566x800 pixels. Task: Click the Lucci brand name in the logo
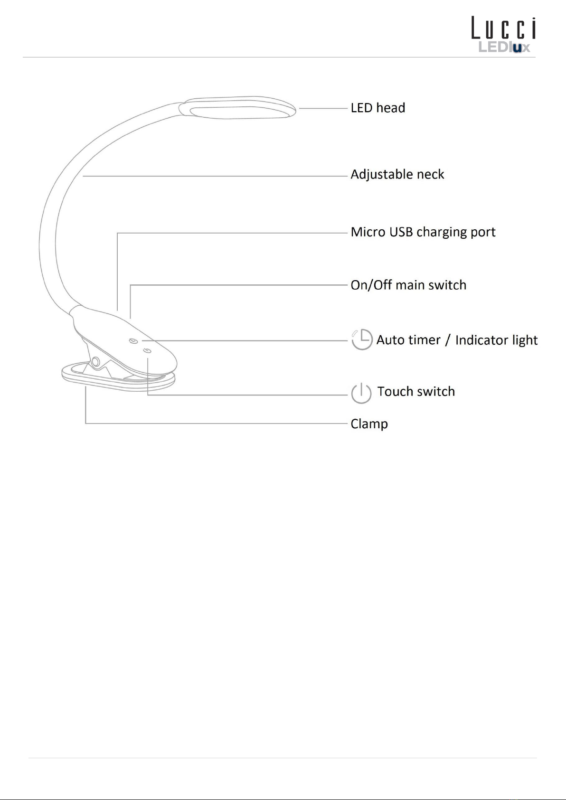(503, 28)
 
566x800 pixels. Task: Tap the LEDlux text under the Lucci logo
(504, 47)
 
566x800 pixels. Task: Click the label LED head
(377, 108)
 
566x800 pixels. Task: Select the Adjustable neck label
(397, 175)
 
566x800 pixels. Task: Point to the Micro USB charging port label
(423, 232)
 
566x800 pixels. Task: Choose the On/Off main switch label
(408, 285)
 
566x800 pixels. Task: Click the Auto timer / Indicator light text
(457, 340)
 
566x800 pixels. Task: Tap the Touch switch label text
(416, 392)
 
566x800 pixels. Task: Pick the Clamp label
(369, 424)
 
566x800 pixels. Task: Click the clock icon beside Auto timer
(362, 339)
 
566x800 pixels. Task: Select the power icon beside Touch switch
(361, 393)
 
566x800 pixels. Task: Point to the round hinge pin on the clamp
(96, 362)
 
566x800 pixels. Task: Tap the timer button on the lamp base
(133, 341)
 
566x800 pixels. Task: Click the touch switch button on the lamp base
(147, 351)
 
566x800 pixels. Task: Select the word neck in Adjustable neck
(430, 175)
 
